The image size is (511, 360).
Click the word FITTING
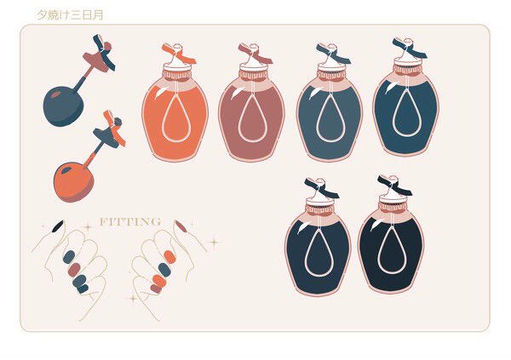pyautogui.click(x=130, y=222)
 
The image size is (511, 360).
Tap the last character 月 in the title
pyautogui.click(x=98, y=14)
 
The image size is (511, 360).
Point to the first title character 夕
pyautogui.click(x=42, y=14)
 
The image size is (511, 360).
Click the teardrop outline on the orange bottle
pyautogui.click(x=175, y=118)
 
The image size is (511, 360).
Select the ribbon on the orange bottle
pyautogui.click(x=179, y=53)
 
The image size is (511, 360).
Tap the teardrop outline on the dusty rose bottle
pyautogui.click(x=252, y=118)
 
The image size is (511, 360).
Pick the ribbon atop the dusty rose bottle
pyautogui.click(x=255, y=53)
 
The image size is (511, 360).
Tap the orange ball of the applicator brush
pyautogui.click(x=73, y=182)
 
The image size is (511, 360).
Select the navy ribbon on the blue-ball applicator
pyautogui.click(x=104, y=53)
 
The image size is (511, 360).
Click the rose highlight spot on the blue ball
pyautogui.click(x=56, y=94)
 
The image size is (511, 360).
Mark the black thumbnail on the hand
pyautogui.click(x=58, y=226)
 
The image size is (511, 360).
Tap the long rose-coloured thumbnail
pyautogui.click(x=181, y=226)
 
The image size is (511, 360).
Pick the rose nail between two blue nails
pyautogui.click(x=74, y=270)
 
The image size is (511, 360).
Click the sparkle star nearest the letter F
pyautogui.click(x=88, y=227)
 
